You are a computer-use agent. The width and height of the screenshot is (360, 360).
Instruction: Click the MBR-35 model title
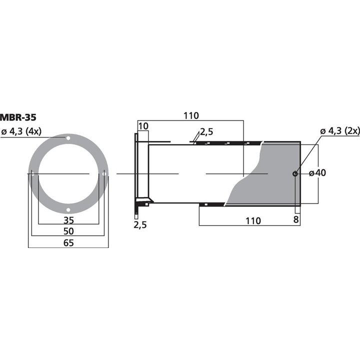click(18, 118)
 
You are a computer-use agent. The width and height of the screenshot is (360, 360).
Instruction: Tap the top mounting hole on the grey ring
click(68, 138)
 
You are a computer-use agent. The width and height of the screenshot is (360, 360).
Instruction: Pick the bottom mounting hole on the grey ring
click(68, 209)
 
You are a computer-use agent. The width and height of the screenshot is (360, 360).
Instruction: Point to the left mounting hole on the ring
click(32, 173)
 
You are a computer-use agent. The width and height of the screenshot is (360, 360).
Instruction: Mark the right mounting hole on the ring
click(104, 173)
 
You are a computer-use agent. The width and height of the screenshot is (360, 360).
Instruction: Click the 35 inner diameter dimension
click(68, 220)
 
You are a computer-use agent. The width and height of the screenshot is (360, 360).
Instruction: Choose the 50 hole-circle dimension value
click(68, 231)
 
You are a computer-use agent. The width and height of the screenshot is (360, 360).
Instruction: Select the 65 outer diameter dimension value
click(68, 243)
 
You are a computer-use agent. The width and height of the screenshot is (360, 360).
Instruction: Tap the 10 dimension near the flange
click(142, 126)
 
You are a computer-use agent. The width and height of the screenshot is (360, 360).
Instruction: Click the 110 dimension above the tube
click(190, 115)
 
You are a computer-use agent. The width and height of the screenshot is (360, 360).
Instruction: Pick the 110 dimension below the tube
click(253, 220)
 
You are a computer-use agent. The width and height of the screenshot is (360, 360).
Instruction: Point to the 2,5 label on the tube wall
click(206, 132)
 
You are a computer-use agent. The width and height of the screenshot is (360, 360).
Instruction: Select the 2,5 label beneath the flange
click(140, 225)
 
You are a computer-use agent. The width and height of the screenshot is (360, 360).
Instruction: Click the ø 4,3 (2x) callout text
click(340, 131)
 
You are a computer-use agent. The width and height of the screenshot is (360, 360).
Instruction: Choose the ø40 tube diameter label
click(317, 173)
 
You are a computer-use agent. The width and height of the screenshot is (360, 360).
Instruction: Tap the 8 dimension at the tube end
click(296, 219)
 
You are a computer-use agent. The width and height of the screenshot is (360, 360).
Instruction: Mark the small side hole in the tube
click(295, 173)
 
